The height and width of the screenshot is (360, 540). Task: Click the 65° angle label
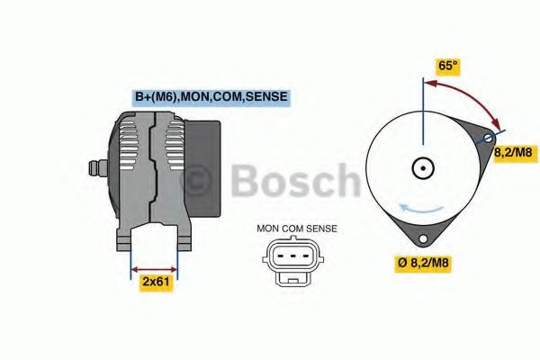[448, 66]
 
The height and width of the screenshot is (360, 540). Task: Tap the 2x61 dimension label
[156, 283]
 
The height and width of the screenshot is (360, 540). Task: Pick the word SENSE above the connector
[321, 229]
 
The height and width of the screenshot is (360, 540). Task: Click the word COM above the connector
[294, 229]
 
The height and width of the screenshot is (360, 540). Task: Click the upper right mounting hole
[488, 139]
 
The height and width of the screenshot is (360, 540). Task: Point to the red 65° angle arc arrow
[468, 96]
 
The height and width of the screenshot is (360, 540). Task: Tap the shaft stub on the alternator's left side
[94, 167]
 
